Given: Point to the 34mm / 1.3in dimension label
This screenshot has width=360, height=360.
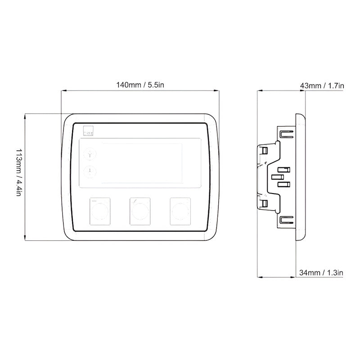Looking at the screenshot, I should (321, 272).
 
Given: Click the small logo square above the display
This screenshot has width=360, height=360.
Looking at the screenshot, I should (88, 131).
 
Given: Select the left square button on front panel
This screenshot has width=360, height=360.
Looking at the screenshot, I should (100, 210).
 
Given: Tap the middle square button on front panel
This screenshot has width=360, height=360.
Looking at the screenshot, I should (139, 210).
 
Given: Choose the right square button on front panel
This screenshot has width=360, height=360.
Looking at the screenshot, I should (179, 210).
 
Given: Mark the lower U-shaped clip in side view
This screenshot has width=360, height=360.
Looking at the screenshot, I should (285, 220).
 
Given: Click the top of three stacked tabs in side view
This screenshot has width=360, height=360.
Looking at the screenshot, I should (283, 170).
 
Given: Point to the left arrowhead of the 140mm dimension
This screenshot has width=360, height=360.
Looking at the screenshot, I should (63, 91).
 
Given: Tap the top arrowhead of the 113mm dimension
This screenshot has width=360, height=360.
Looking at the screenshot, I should (26, 116).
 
